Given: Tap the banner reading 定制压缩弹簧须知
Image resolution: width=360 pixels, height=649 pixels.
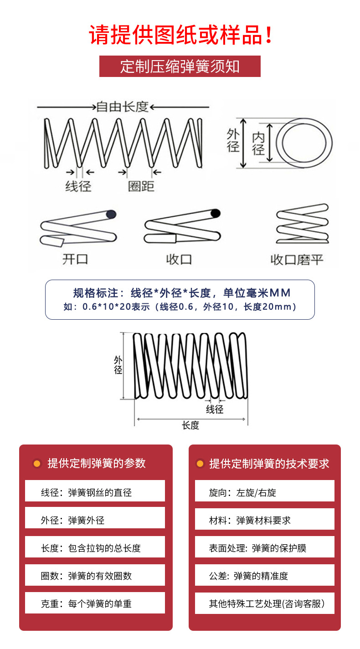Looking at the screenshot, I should [180, 66].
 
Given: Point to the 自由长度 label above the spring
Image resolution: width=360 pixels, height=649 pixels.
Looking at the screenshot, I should [122, 107].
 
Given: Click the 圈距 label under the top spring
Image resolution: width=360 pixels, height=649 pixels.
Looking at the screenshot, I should [141, 186].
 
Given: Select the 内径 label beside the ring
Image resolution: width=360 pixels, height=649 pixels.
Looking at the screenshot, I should [258, 144].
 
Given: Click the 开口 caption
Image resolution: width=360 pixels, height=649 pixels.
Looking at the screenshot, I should [75, 260].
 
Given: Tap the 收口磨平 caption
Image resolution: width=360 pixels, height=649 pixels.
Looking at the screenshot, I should [297, 260].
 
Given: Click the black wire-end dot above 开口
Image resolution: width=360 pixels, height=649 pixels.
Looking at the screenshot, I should [111, 214].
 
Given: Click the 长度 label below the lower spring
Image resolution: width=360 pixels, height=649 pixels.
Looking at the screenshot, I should [190, 425].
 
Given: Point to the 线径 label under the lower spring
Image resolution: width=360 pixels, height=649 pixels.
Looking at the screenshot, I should [215, 409].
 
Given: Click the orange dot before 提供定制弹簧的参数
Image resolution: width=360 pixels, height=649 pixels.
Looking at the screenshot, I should [37, 464].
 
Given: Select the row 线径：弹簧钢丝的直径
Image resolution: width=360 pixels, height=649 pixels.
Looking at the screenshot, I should [95, 492].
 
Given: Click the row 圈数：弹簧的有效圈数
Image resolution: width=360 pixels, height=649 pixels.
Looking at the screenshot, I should [95, 576].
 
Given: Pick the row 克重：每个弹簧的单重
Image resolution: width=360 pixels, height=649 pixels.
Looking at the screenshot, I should [95, 604].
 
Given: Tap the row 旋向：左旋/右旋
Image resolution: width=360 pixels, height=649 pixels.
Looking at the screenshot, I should [265, 492].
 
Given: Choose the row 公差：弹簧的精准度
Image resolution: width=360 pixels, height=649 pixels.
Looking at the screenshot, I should [265, 576].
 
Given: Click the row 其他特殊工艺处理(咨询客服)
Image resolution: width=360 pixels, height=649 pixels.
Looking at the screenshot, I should [265, 604].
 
